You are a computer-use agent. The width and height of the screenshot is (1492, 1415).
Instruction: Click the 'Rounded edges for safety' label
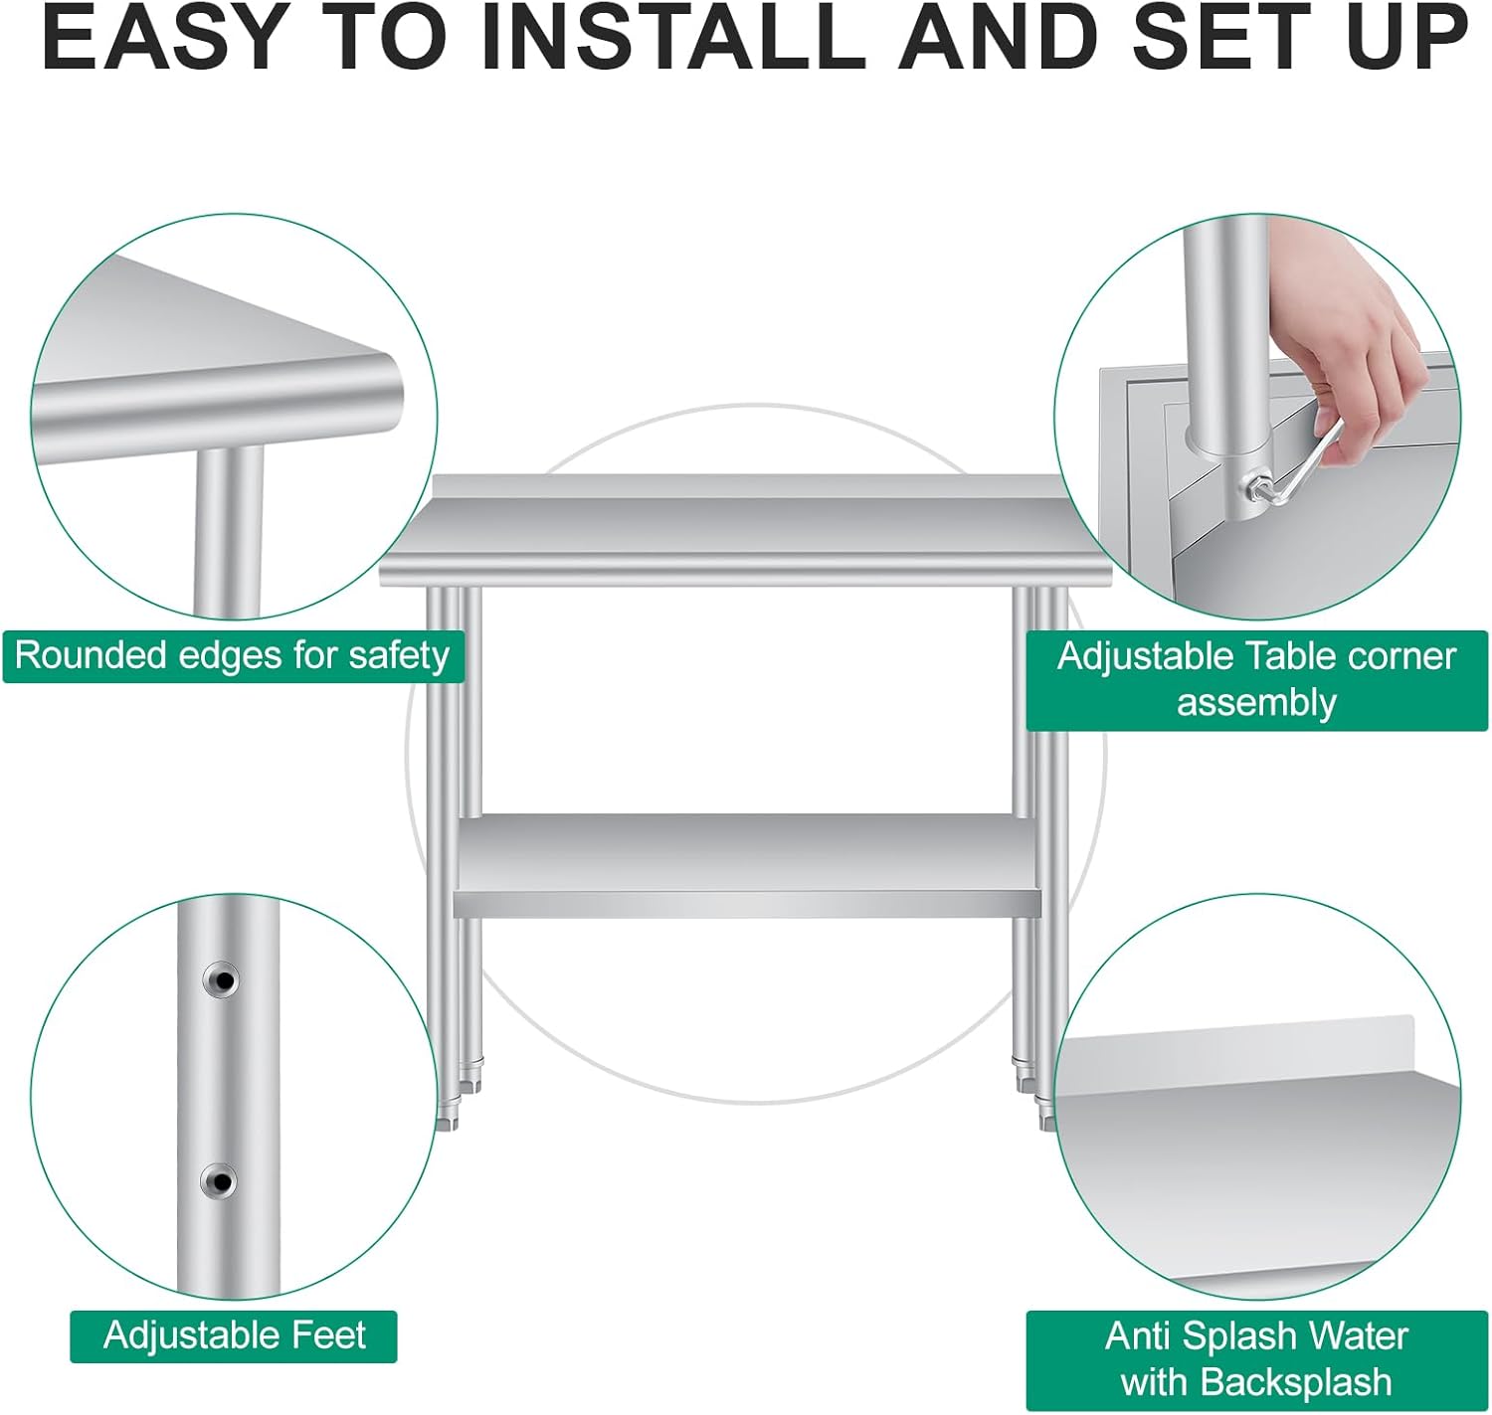coord(233,655)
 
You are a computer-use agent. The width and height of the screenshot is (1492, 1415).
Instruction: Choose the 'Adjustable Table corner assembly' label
coord(1256,680)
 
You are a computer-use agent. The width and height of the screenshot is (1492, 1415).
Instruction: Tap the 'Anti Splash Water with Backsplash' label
coord(1256,1359)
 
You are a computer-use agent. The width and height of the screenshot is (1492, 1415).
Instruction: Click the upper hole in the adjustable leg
coord(222,979)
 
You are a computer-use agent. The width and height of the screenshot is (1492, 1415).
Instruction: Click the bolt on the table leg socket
coord(1253,484)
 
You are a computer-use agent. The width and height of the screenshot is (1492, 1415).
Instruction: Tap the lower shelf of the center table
coord(748,866)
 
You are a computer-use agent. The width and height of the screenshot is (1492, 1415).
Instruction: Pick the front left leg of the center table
coord(441,857)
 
